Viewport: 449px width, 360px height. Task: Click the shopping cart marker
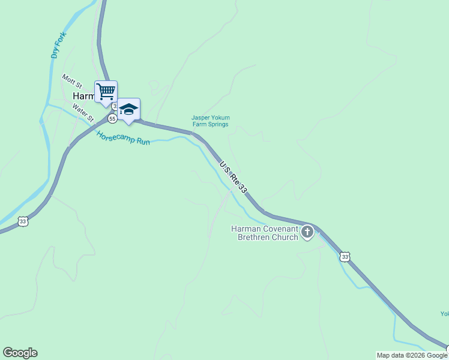pyautogui.click(x=106, y=92)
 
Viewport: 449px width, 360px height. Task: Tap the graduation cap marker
pyautogui.click(x=128, y=109)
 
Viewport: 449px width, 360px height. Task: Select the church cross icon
pyautogui.click(x=307, y=232)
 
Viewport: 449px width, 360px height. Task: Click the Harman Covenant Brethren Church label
pyautogui.click(x=265, y=233)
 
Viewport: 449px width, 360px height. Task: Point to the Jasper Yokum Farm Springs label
pyautogui.click(x=210, y=121)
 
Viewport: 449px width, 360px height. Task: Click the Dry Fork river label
pyautogui.click(x=58, y=45)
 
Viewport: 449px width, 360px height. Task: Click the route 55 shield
pyautogui.click(x=112, y=119)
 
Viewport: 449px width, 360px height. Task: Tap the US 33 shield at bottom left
pyautogui.click(x=23, y=221)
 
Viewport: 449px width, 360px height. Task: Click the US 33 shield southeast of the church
pyautogui.click(x=345, y=257)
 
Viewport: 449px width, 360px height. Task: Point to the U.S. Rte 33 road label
pyautogui.click(x=233, y=176)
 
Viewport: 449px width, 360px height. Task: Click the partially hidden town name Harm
pyautogui.click(x=83, y=96)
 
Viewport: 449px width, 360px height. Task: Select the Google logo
pyautogui.click(x=20, y=353)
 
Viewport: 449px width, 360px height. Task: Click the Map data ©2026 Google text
pyautogui.click(x=412, y=355)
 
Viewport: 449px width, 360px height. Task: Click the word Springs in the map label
pyautogui.click(x=218, y=124)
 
